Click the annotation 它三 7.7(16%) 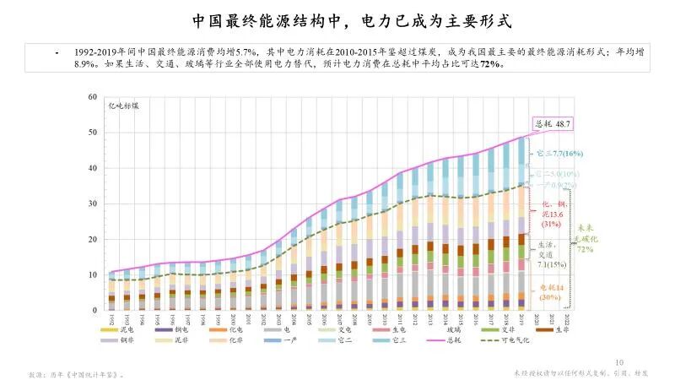pyautogui.click(x=559, y=154)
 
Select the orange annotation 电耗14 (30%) pyautogui.click(x=553, y=292)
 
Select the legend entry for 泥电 pyautogui.click(x=125, y=329)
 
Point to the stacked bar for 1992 pyautogui.click(x=111, y=291)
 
